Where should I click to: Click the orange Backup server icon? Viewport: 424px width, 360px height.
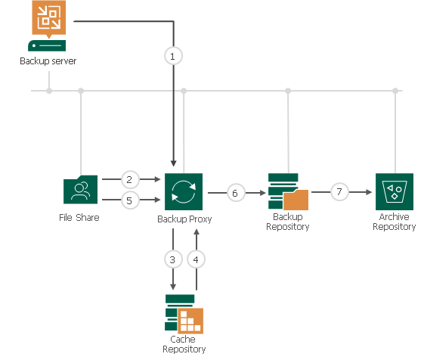coord(48,19)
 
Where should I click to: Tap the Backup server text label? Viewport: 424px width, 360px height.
coord(48,61)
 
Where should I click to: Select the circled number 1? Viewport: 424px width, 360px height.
coord(174,55)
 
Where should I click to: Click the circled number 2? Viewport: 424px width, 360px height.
coord(130,180)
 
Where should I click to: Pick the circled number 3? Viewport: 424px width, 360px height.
coord(173,259)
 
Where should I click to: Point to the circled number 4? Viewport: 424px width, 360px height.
coord(197,259)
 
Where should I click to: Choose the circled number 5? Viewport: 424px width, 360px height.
coord(130,200)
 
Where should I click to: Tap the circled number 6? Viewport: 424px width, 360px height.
coord(235,193)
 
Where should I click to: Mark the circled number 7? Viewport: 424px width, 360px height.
coord(339,193)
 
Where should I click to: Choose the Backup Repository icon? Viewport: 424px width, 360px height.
coord(288,192)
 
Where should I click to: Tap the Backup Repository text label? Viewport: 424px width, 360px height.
coord(288,222)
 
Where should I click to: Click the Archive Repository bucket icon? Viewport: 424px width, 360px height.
coord(395,192)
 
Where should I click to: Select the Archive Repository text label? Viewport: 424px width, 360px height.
coord(395,222)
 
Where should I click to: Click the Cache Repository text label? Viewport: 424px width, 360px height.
coord(184,344)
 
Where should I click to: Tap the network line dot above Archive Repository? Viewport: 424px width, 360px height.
coord(395,91)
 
